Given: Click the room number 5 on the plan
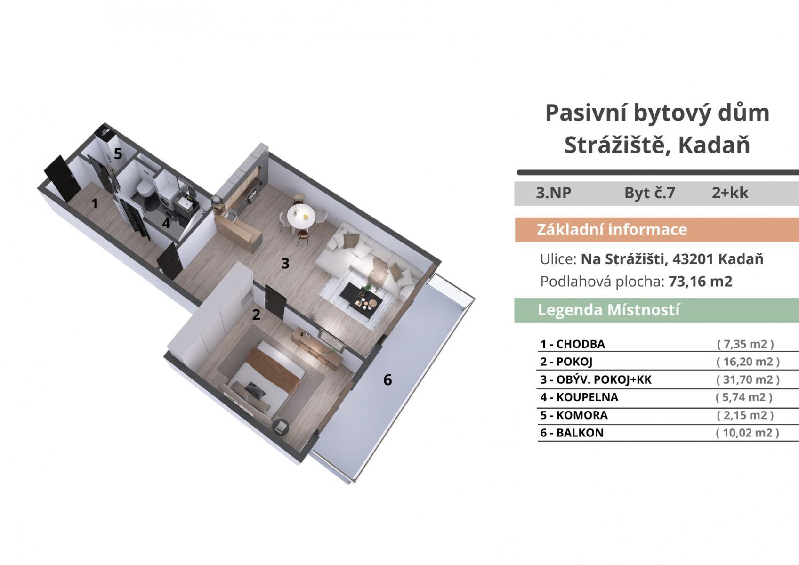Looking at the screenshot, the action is point(118,154).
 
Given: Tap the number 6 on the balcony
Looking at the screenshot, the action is point(387,380).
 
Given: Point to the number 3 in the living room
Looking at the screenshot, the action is point(285,264).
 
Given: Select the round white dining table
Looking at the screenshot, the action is point(301,216).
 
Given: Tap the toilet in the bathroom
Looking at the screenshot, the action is point(145,188).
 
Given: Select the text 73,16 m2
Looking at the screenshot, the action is point(701,282).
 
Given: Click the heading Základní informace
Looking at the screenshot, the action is point(612,229).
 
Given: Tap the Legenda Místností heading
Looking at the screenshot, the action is point(608,310).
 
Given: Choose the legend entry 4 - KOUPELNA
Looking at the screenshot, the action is point(579,397).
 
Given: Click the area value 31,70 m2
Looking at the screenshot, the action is point(748,379).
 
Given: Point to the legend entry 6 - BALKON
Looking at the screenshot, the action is point(572,433).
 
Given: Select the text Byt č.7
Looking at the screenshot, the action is point(650,193).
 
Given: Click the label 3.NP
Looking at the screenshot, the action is point(554,193).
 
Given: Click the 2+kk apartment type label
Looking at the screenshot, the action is point(730,193).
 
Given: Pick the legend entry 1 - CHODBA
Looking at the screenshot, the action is point(573,344).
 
